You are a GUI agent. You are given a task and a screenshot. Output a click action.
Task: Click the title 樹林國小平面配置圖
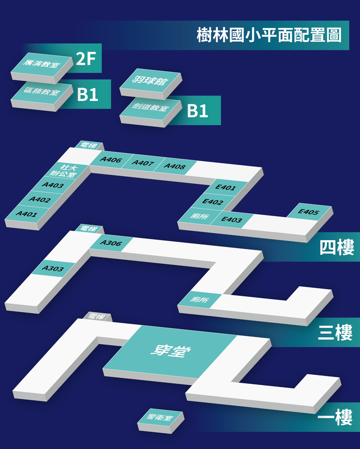[269, 35]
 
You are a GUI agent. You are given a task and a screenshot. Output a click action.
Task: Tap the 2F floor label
[86, 58]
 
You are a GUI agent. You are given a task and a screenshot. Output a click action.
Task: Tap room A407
[143, 163]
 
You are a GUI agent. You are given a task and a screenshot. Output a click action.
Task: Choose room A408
[175, 166]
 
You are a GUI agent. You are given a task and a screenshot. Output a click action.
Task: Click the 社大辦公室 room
[65, 171]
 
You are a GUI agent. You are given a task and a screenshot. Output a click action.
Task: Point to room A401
[26, 214]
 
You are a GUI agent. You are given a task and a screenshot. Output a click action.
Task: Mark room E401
[226, 187]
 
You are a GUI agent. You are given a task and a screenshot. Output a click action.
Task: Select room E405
[309, 212]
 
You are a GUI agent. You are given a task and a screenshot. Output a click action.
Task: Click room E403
[231, 219]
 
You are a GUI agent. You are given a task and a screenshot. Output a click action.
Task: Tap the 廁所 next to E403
[200, 216]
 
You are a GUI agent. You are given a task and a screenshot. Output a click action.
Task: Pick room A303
[53, 268]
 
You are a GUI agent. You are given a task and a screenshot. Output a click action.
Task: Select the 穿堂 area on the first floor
[170, 351]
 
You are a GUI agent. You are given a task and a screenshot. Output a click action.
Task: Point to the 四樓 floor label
[337, 247]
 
